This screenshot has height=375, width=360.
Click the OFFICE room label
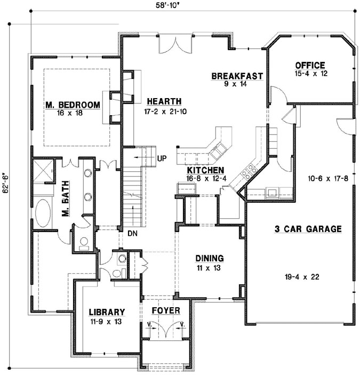coord(310,65)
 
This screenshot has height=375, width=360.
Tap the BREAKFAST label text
coord(237,76)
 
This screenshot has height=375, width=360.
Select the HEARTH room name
coord(164,101)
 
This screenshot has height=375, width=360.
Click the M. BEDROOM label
coord(73,105)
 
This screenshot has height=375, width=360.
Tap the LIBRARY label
coord(107,312)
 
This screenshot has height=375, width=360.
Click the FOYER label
coord(165,310)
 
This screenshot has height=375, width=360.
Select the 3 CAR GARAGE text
coord(308,229)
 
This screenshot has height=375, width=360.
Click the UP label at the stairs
coord(163,158)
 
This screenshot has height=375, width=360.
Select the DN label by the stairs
coord(132,233)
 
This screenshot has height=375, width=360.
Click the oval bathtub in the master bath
coord(42,212)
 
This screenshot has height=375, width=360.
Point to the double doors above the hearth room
coord(174,44)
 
